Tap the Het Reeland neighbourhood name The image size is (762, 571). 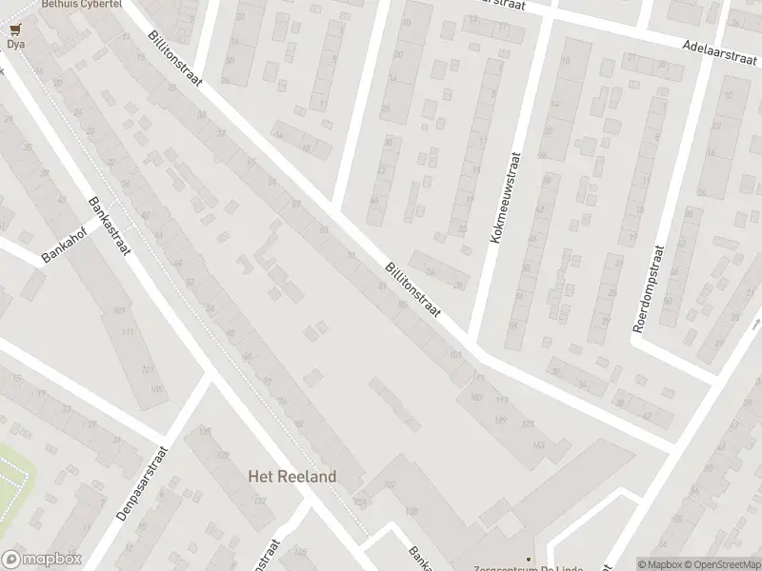click(292, 476)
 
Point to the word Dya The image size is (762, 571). click(15, 44)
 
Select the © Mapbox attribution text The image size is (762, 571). click(660, 563)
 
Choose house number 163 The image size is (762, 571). click(540, 444)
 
